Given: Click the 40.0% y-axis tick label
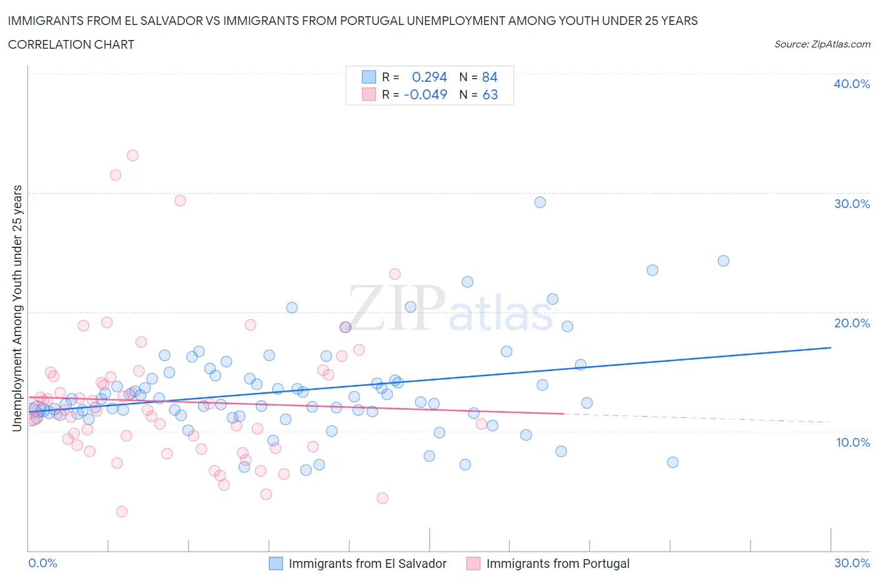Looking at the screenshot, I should click(851, 84).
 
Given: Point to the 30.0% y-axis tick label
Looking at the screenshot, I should click(851, 204).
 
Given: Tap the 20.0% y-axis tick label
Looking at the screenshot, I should click(851, 323).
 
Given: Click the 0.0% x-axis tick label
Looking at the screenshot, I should click(42, 563).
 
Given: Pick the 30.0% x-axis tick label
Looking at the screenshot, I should click(852, 563).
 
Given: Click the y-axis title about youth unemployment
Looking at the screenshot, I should click(17, 308).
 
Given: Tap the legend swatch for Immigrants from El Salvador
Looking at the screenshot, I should click(276, 564).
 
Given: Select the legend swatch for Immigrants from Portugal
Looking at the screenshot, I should click(473, 564).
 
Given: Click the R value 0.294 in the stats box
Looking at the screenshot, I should click(430, 77).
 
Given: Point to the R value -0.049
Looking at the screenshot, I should click(426, 94).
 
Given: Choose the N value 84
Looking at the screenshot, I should click(490, 77).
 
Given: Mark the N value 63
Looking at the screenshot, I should click(490, 94).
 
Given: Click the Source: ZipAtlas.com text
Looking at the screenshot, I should click(822, 44).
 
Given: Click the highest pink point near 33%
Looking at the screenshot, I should click(132, 156).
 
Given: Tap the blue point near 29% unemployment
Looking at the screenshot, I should click(540, 202).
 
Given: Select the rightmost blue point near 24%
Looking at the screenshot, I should click(723, 261).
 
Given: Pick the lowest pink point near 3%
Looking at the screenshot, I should click(122, 512).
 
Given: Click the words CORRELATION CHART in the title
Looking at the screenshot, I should click(71, 44).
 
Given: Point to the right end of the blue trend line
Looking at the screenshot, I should click(831, 347).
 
